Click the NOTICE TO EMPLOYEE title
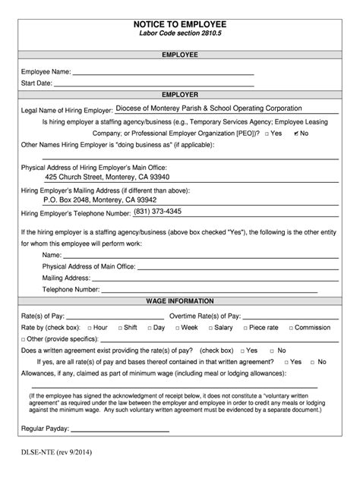tap(180, 24)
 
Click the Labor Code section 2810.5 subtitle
tap(180, 36)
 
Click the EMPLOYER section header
tap(180, 95)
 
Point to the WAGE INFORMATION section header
tap(180, 301)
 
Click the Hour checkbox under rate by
tap(87, 327)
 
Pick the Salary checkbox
tap(207, 327)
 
